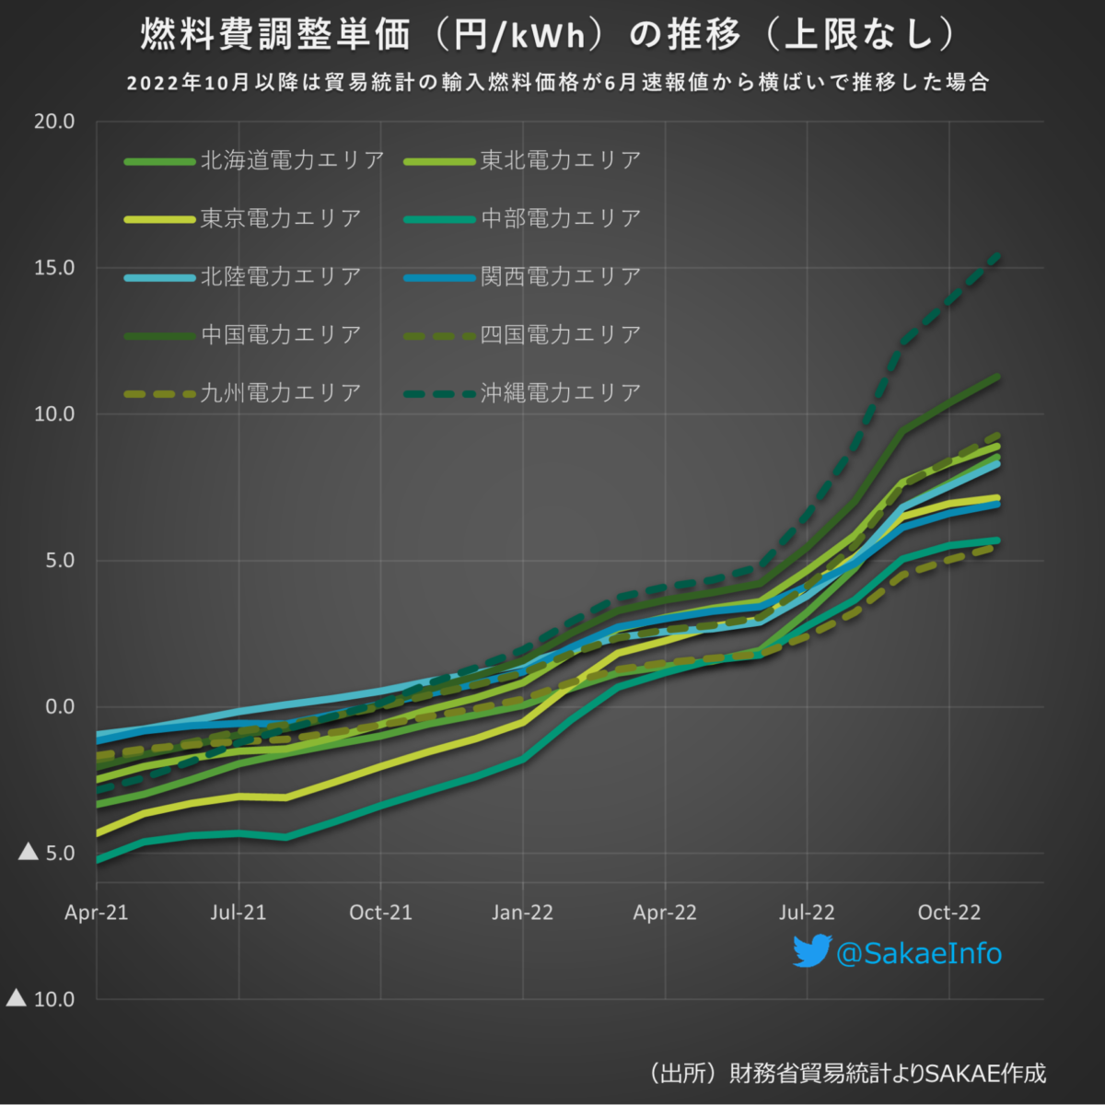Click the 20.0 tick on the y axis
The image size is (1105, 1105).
pos(54,122)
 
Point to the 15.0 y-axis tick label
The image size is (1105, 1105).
pos(54,268)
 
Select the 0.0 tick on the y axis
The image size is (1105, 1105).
pos(59,707)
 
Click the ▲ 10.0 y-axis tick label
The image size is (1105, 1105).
pos(41,999)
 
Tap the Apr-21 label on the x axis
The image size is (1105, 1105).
pos(97,913)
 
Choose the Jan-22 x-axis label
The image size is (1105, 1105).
pos(522,913)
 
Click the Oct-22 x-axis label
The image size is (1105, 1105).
pos(948,913)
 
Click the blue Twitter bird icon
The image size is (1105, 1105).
pos(811,951)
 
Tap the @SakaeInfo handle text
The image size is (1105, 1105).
pos(918,953)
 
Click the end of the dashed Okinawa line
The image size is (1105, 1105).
pos(998,255)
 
